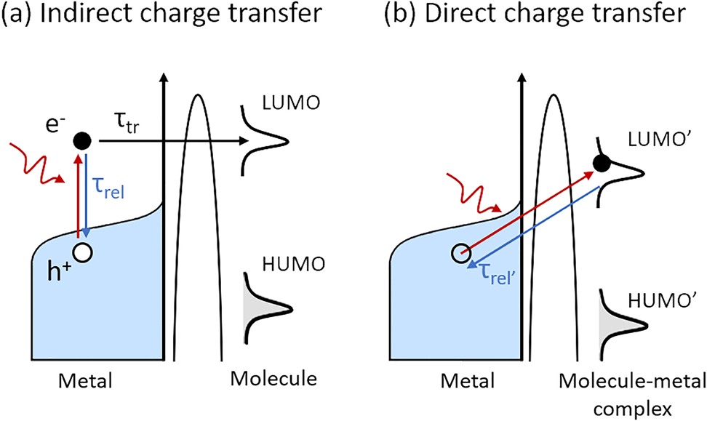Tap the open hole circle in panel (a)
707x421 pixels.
pyautogui.click(x=84, y=252)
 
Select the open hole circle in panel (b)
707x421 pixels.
pyautogui.click(x=460, y=253)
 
